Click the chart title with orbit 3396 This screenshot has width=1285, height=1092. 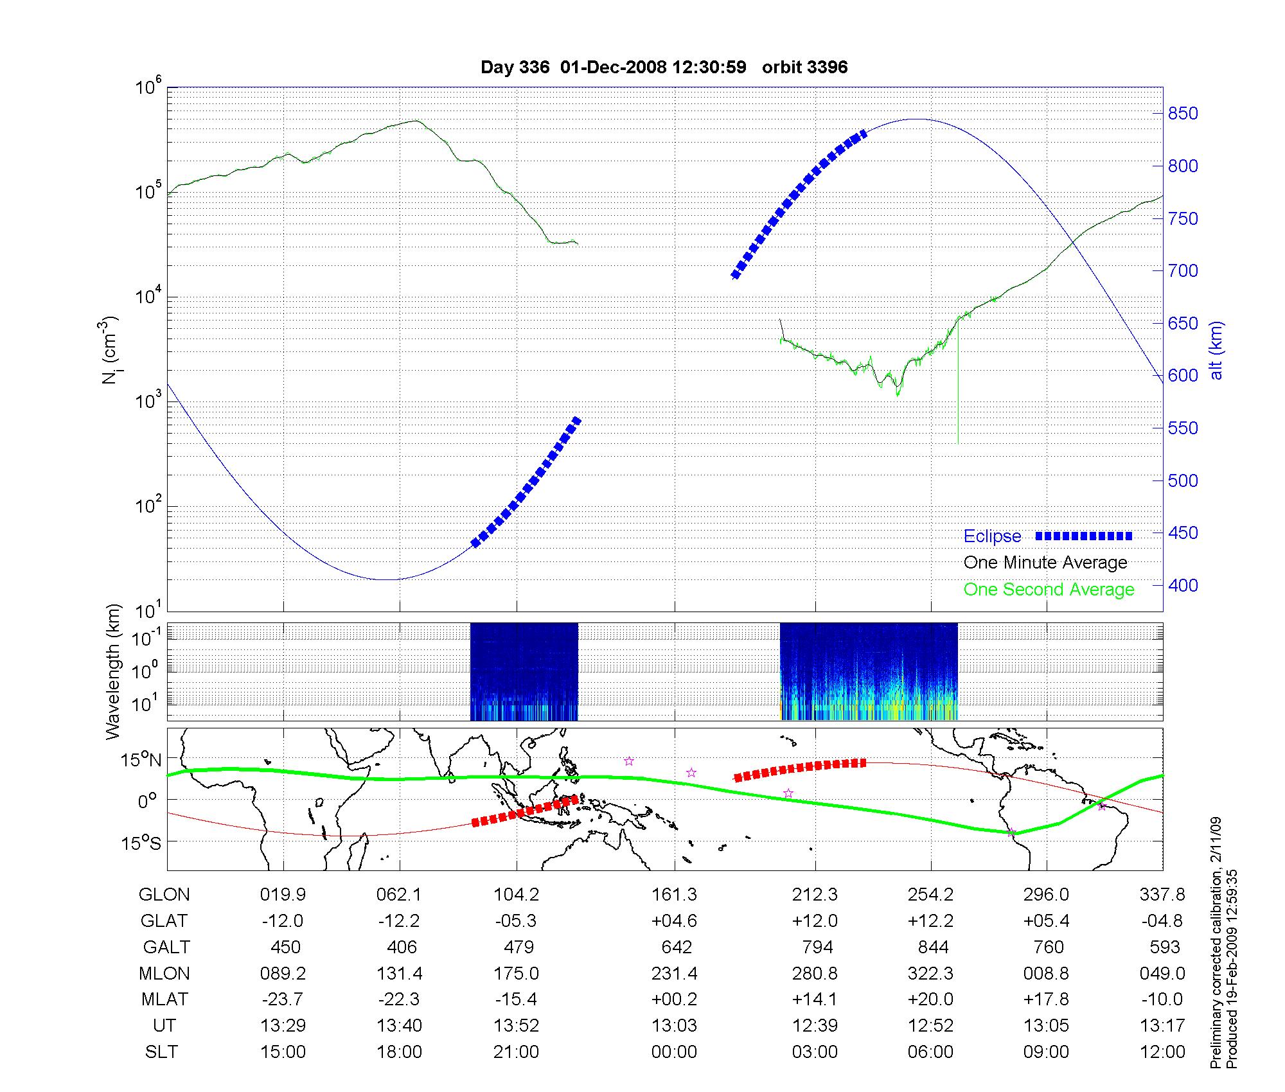tap(664, 67)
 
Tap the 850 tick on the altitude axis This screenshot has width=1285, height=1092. tap(1183, 114)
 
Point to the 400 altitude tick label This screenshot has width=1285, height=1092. tap(1183, 585)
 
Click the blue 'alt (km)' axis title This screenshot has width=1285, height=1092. tap(1216, 350)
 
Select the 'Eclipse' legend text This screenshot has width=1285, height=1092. tap(992, 536)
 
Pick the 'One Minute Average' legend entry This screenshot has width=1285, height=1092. tap(1045, 563)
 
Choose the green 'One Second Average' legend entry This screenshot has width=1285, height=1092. tap(1049, 590)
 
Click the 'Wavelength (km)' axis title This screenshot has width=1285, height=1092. tap(113, 671)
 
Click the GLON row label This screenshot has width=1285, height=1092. tap(164, 895)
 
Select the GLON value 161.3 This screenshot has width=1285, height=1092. tap(675, 895)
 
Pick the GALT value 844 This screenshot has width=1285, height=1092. tap(931, 947)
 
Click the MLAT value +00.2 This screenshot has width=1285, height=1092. tap(675, 1000)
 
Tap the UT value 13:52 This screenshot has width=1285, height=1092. tap(516, 1026)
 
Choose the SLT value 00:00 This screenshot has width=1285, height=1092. tap(675, 1052)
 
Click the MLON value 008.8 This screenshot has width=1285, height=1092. tap(1047, 974)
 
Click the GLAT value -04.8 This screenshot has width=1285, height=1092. tap(1162, 921)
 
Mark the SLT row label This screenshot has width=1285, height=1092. tap(161, 1052)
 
